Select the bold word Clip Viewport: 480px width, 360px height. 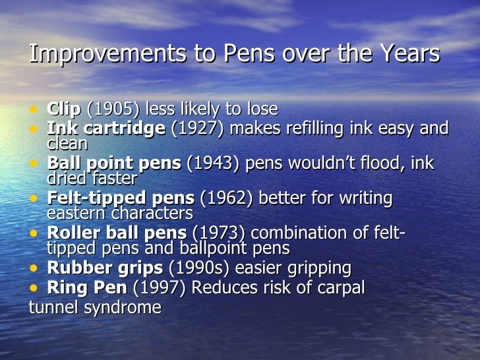pyautogui.click(x=64, y=109)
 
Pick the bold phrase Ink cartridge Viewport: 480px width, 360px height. pyautogui.click(x=106, y=128)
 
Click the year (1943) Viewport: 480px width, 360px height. pyautogui.click(x=214, y=163)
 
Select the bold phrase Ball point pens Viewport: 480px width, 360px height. pyautogui.click(x=113, y=163)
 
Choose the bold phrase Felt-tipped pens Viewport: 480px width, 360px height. pyautogui.click(x=121, y=198)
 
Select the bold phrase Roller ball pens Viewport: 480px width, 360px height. pyautogui.click(x=117, y=233)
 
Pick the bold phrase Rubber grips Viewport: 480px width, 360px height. pyautogui.click(x=105, y=268)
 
